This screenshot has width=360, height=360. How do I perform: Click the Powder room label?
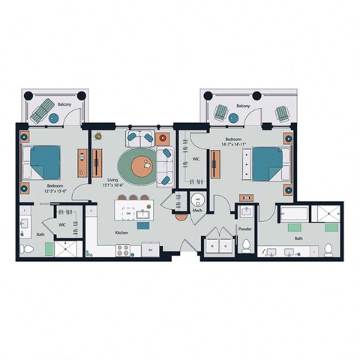pos(244,229)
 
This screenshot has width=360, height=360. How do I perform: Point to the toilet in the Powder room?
pos(244,245)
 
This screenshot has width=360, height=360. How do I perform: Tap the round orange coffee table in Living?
pos(136,165)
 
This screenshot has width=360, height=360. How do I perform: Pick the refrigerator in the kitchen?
pos(151,250)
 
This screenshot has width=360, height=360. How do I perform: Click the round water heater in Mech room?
pos(199,199)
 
